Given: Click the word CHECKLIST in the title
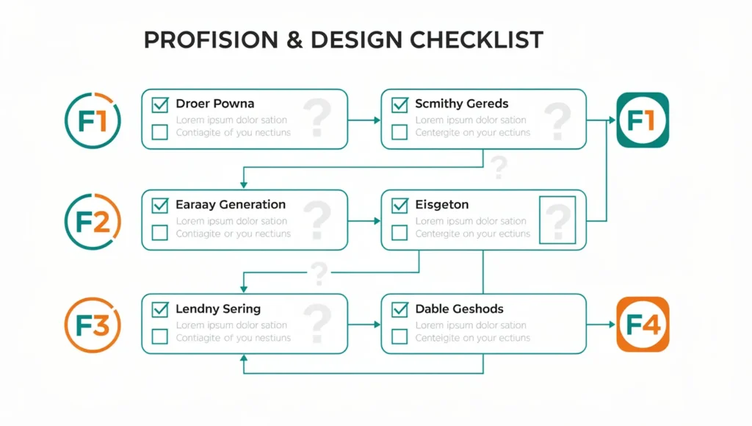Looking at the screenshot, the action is click(x=476, y=40).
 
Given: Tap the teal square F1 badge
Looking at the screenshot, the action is click(x=643, y=120).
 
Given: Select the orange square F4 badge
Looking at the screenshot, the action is click(x=643, y=325).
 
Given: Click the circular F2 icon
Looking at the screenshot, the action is click(x=93, y=222).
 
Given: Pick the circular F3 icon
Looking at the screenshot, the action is click(x=93, y=325).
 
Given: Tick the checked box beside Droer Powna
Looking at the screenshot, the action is click(x=159, y=104).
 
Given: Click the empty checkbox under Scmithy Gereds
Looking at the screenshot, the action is click(x=399, y=132).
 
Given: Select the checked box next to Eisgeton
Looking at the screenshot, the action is click(x=399, y=206).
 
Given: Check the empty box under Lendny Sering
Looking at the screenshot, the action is click(x=159, y=336).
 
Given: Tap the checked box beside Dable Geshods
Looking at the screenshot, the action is click(x=399, y=309).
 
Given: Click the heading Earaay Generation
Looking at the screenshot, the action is click(x=231, y=204).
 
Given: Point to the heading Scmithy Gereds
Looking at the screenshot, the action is click(x=462, y=104).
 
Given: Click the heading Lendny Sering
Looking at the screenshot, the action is click(x=218, y=309).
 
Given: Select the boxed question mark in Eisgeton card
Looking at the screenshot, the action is click(x=557, y=220).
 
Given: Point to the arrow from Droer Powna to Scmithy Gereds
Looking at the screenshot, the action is click(x=364, y=120).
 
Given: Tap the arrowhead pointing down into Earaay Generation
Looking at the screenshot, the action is click(x=244, y=184).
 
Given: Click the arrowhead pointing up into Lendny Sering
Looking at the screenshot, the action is click(x=244, y=358).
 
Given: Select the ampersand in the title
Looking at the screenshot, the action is click(x=294, y=40).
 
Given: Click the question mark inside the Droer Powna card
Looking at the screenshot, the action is click(x=317, y=118).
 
